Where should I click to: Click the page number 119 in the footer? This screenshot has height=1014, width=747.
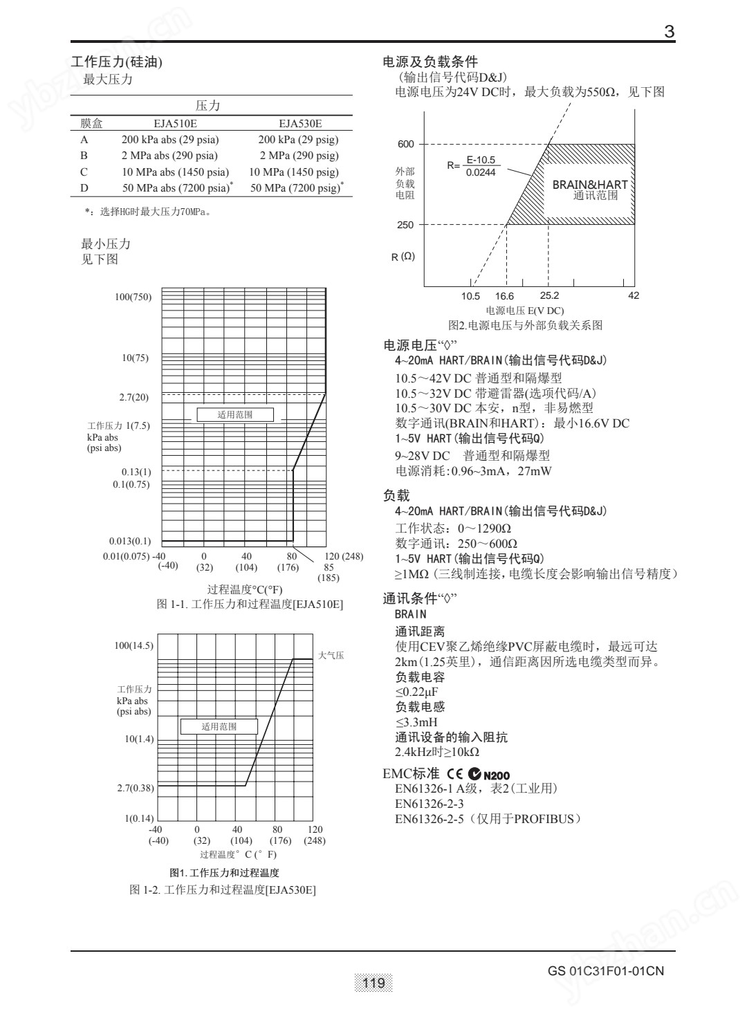373,983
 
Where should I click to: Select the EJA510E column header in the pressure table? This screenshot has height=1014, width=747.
175,124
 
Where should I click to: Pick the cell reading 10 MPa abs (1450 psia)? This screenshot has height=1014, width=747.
175,172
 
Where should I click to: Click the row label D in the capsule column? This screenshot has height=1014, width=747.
84,187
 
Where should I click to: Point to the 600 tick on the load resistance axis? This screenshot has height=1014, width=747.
406,145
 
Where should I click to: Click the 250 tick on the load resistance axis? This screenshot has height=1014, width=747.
406,225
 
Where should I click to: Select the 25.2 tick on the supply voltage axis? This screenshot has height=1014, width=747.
549,295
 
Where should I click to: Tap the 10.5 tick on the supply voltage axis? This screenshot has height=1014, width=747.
470,295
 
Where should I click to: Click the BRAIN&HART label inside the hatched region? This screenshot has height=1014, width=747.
590,185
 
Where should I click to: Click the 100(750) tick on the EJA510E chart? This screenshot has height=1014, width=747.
133,297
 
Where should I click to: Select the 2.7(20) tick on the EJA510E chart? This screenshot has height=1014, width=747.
134,397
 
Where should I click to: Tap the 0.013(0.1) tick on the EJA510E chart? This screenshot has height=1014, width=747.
130,541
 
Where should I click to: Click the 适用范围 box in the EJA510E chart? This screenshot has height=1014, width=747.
235,415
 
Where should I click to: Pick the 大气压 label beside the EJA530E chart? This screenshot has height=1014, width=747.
331,655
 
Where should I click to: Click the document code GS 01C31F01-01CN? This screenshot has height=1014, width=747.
606,970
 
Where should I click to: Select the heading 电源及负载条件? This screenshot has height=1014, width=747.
430,62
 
